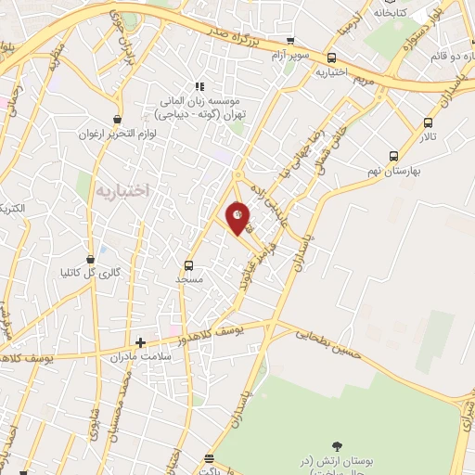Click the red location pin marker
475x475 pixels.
coord(238,217)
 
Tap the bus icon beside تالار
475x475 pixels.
coord(428,122)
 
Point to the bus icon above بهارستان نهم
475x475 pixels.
coord(394,157)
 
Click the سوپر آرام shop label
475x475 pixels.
coord(290,57)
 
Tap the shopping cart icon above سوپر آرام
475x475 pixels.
coord(291,42)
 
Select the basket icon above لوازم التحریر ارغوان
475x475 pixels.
coord(118,120)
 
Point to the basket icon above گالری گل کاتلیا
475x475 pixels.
coord(91,259)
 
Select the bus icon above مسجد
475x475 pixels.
coord(189,263)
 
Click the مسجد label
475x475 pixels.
coord(189,277)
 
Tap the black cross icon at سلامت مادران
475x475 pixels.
coord(140,341)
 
